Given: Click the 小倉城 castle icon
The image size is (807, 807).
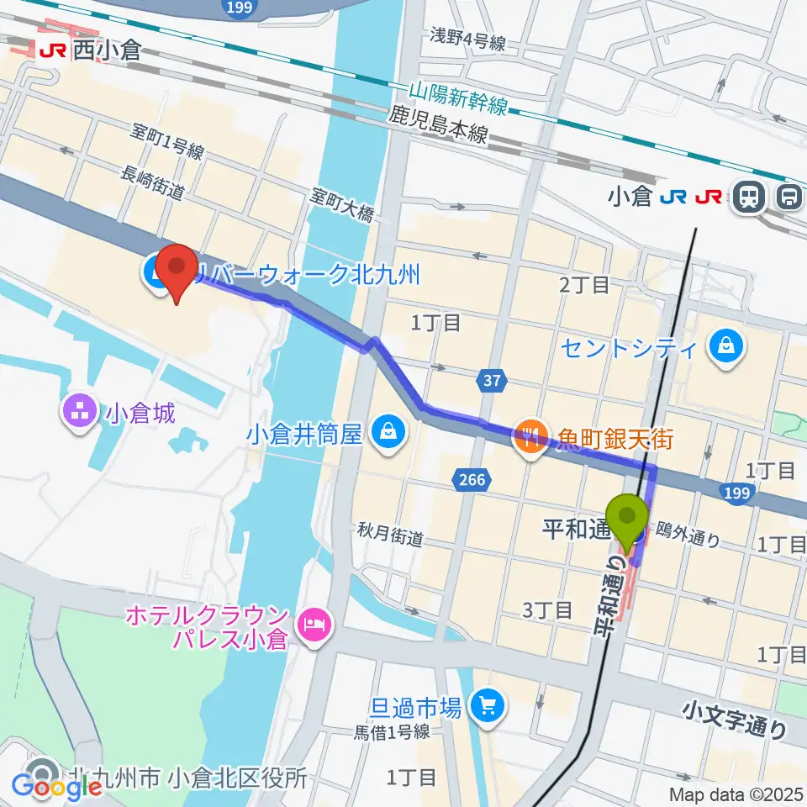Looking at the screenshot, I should coord(81,412).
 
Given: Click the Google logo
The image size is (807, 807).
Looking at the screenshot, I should coord(56,787).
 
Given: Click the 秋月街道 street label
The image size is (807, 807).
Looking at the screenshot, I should coord(389,535).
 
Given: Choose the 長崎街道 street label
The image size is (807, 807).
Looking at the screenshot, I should coord(153,182).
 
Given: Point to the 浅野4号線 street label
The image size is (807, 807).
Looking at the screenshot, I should coord(467,39).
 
